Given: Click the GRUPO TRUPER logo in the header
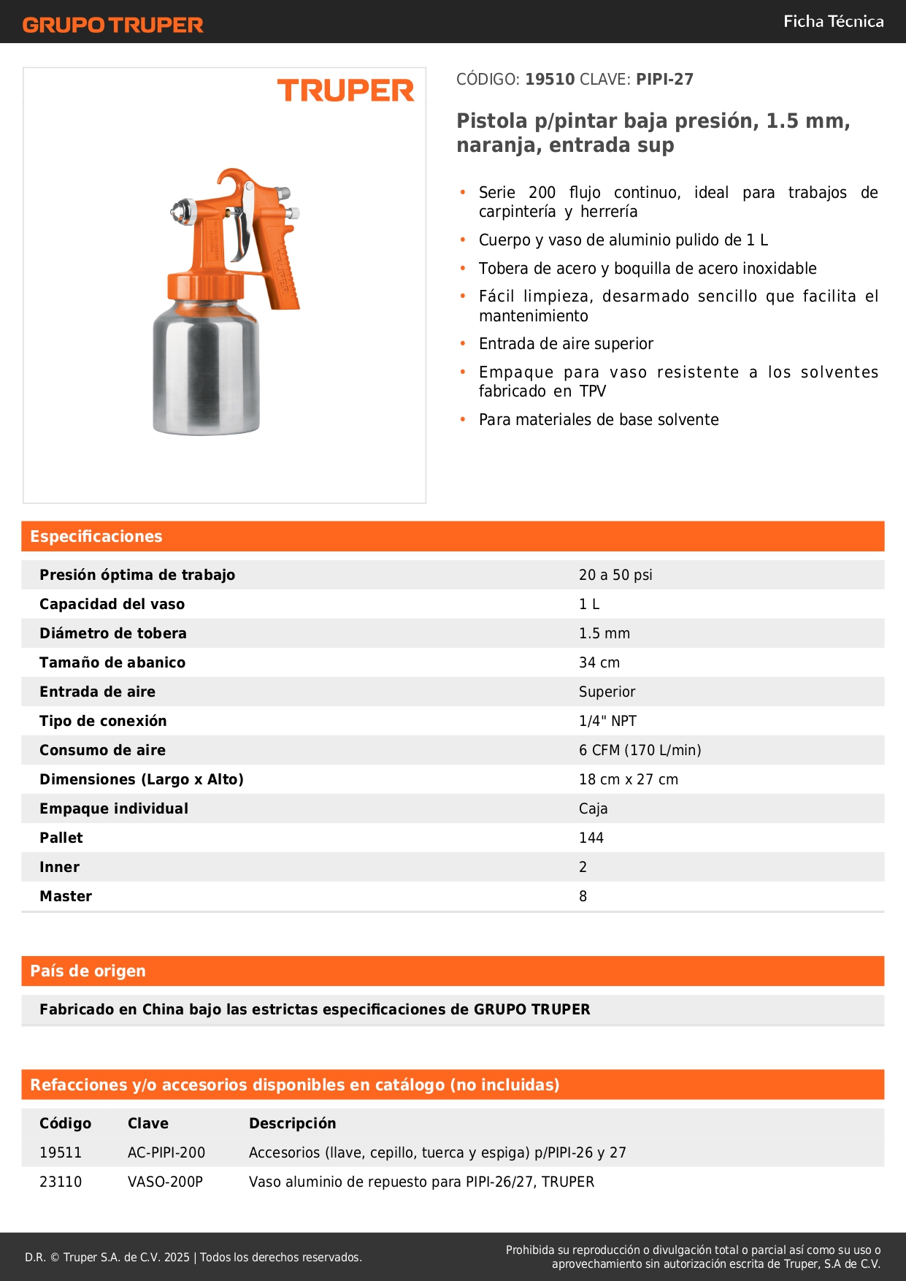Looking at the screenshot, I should [112, 25].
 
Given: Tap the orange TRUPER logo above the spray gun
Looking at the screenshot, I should [345, 91].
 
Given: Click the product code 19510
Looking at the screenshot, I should [550, 80].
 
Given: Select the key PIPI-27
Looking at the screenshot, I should [664, 80].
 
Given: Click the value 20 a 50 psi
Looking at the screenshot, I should [615, 575].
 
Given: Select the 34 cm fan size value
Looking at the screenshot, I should [599, 662].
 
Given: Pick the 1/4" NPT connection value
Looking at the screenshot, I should [607, 721].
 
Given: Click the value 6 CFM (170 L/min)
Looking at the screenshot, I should [640, 750].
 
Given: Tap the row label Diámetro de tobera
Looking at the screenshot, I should [113, 633].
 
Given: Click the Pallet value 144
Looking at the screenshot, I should [591, 838].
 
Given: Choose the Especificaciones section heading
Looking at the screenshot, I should [96, 537].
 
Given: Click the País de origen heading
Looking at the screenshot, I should [88, 971].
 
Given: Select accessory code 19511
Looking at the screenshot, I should [61, 1152].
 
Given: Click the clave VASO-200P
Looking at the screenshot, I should [165, 1182].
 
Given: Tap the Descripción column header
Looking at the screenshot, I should [292, 1123].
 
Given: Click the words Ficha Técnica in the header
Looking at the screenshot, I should [833, 21].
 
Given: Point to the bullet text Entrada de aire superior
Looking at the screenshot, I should [566, 344].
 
